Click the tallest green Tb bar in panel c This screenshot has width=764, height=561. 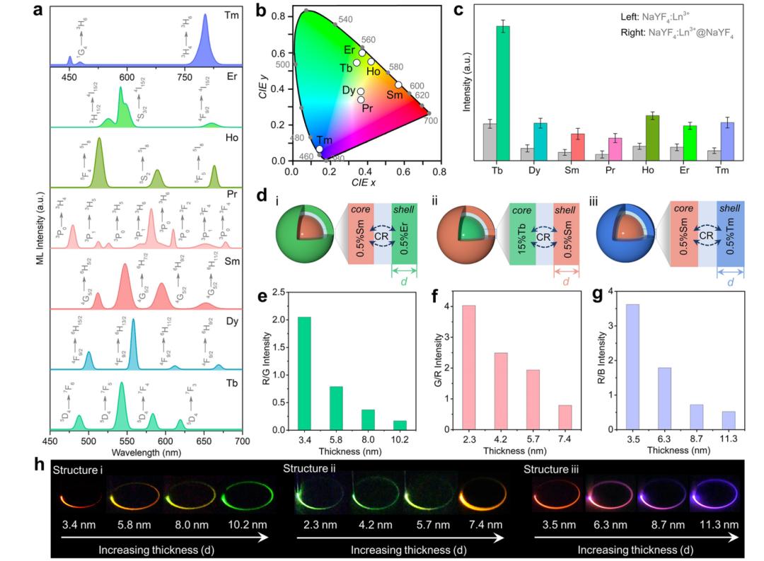[x=503, y=92]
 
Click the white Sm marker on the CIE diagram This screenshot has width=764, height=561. [x=399, y=85]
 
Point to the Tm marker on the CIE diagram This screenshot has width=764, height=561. [x=320, y=149]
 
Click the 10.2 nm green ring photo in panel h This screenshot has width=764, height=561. [x=243, y=498]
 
